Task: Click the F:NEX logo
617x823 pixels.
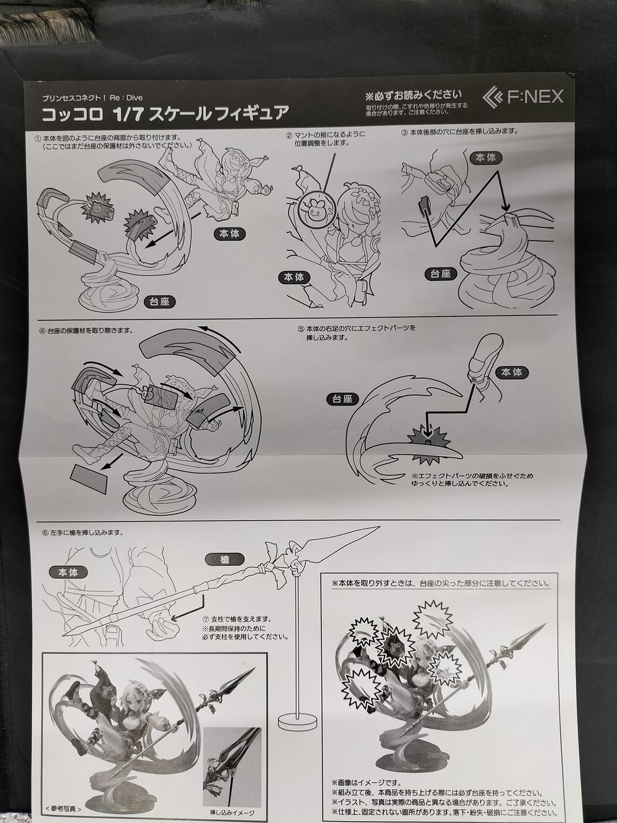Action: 523,96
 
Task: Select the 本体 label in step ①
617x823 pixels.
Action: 229,234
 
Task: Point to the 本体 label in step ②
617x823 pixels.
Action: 294,277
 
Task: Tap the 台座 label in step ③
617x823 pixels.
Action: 440,274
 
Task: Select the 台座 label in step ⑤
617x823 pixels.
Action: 342,399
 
